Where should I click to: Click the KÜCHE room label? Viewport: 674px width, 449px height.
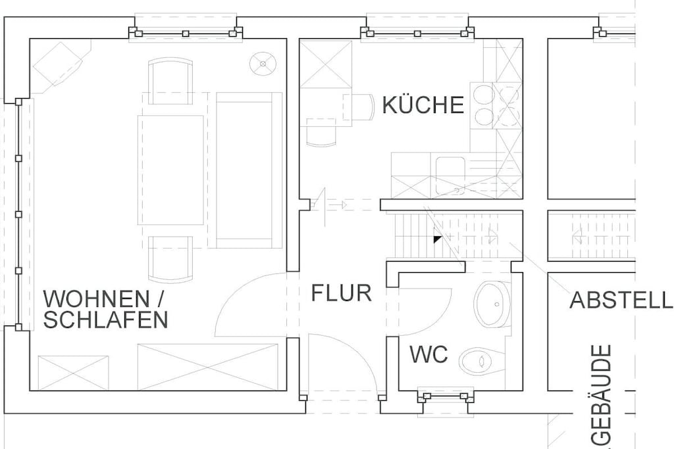[423, 105]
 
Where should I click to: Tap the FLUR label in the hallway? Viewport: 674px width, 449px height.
[342, 293]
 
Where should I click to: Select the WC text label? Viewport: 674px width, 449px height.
[428, 354]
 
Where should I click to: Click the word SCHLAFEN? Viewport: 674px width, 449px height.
[106, 319]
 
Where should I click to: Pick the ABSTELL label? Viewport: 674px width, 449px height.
[621, 300]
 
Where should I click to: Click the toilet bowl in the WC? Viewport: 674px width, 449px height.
[481, 361]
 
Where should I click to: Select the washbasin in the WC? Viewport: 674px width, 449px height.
[492, 304]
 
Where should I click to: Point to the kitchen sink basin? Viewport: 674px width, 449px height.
[450, 175]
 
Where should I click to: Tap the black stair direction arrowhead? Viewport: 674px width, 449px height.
[437, 239]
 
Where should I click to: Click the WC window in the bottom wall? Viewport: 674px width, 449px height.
[446, 396]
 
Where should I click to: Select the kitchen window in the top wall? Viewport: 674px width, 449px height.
[417, 33]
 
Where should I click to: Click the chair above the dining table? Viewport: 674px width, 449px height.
[170, 82]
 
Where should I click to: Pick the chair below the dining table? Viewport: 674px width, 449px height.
[170, 259]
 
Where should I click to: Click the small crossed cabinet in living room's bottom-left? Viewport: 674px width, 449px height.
[74, 373]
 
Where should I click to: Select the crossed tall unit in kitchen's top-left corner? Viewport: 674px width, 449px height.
[326, 64]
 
